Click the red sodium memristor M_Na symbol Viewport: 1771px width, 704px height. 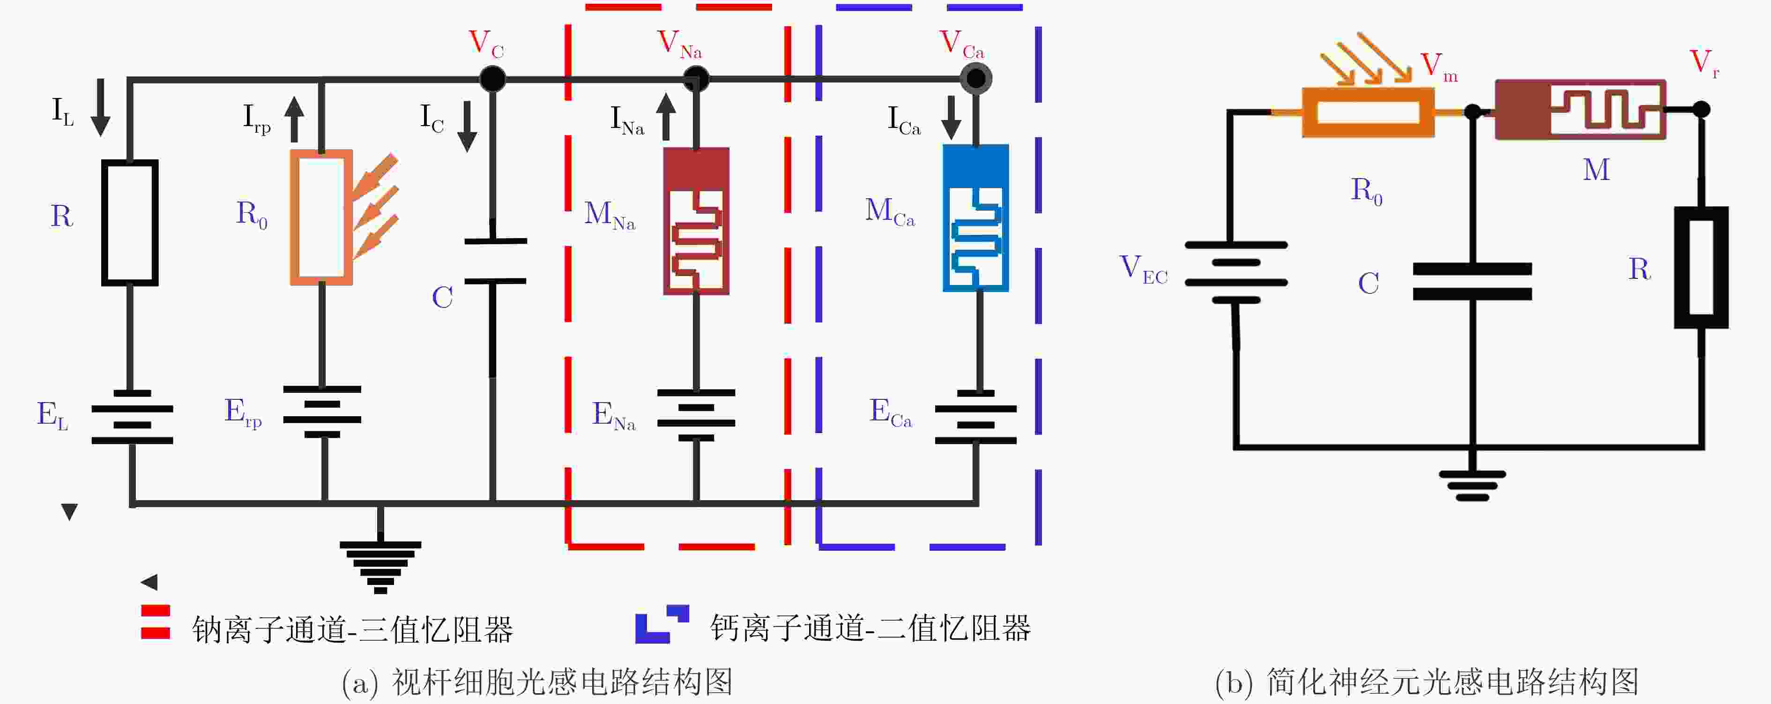696,221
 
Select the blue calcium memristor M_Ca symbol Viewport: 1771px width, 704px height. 975,218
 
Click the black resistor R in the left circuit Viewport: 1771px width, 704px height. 130,222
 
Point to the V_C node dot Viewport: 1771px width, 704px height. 492,79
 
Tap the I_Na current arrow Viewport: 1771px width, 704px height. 665,116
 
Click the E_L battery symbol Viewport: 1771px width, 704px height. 132,417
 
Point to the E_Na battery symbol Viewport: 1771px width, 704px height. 696,415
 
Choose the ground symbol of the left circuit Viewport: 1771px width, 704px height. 380,565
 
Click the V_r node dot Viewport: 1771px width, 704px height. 1701,109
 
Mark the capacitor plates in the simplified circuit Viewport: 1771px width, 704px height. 1472,281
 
